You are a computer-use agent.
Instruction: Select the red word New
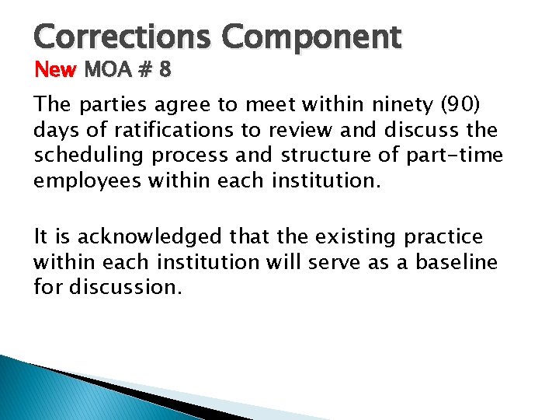(56, 71)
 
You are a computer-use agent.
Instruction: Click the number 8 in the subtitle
(165, 71)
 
